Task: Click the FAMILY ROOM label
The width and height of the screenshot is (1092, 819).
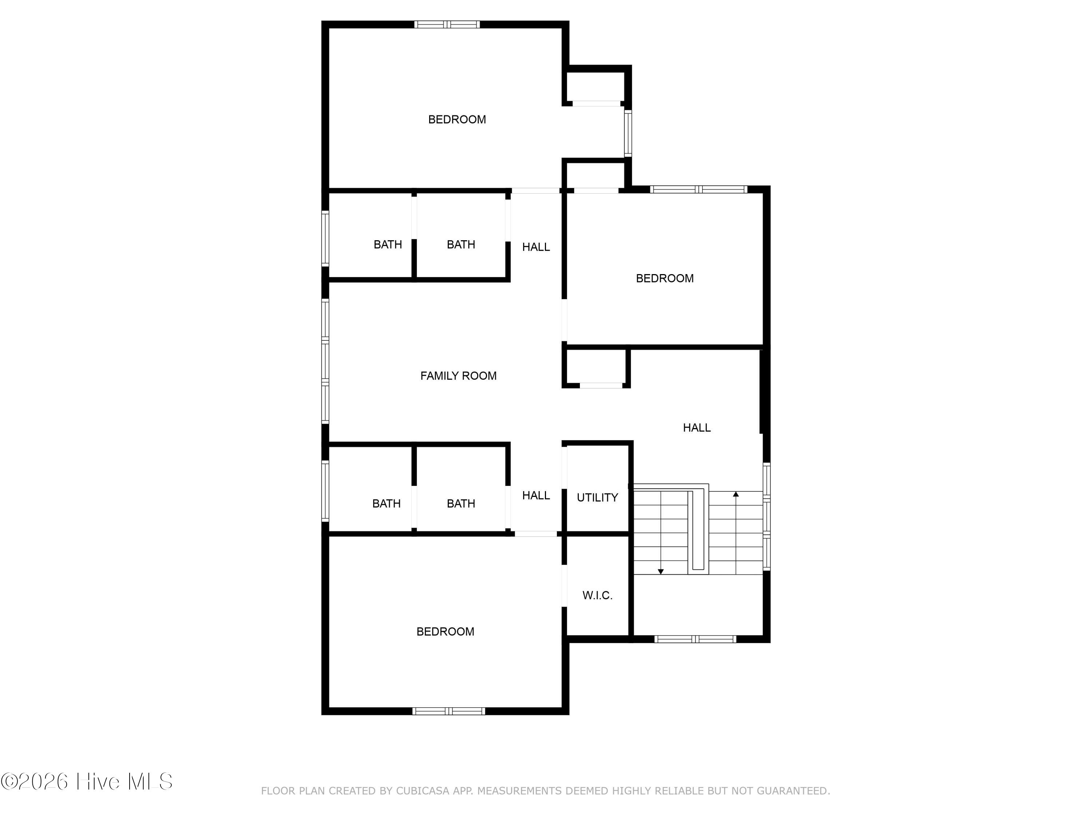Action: [458, 376]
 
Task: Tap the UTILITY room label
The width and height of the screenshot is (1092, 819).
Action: [597, 498]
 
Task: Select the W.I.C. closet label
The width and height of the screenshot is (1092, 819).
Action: [597, 596]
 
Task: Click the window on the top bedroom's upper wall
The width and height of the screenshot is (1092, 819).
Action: [447, 24]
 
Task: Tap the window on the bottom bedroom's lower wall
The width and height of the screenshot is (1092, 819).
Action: [449, 711]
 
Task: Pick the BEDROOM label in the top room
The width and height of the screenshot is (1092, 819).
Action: [457, 119]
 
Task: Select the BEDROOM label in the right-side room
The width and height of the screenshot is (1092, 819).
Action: [664, 278]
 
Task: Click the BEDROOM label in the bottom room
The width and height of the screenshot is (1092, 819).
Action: [445, 632]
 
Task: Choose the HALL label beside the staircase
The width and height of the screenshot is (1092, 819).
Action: [697, 428]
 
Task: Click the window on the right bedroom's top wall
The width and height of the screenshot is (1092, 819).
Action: [699, 189]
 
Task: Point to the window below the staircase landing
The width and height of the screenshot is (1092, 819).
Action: [696, 639]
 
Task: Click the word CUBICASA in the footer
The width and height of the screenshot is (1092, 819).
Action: [423, 791]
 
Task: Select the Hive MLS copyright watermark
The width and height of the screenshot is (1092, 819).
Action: [87, 781]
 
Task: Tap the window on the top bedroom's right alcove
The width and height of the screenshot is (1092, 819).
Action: [628, 133]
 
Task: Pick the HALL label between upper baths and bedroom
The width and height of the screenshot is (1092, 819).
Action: [536, 247]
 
